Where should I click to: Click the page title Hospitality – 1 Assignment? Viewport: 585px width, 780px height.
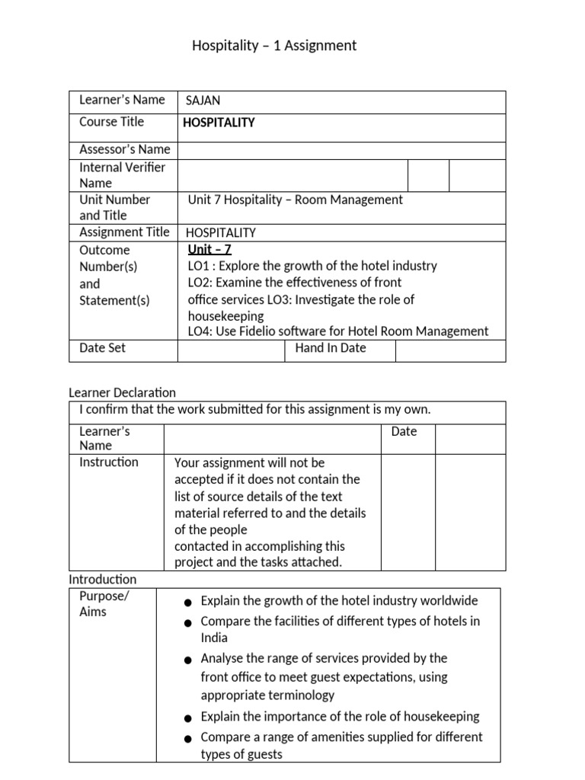pyautogui.click(x=274, y=46)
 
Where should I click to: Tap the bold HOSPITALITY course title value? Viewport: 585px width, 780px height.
pyautogui.click(x=220, y=123)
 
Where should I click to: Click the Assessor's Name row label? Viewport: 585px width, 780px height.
pyautogui.click(x=124, y=149)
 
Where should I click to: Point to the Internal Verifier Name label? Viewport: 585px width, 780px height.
pyautogui.click(x=122, y=175)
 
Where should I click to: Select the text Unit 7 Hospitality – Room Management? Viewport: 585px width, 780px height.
pyautogui.click(x=295, y=200)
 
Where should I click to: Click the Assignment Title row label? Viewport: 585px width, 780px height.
pyautogui.click(x=124, y=232)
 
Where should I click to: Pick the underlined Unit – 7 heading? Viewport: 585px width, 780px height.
pyautogui.click(x=209, y=249)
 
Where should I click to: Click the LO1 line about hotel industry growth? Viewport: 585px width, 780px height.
pyautogui.click(x=312, y=266)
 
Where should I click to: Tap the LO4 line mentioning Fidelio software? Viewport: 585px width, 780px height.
pyautogui.click(x=337, y=331)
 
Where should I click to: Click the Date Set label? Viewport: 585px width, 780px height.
pyautogui.click(x=102, y=348)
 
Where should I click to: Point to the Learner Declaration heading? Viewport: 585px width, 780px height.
pyautogui.click(x=122, y=393)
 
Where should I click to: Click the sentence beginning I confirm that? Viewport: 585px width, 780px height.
pyautogui.click(x=255, y=410)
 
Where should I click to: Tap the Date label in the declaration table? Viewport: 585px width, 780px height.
pyautogui.click(x=404, y=432)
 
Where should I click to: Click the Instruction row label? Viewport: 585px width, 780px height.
pyautogui.click(x=109, y=462)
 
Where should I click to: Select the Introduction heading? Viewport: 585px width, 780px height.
pyautogui.click(x=103, y=580)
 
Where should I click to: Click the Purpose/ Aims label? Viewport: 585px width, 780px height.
pyautogui.click(x=104, y=604)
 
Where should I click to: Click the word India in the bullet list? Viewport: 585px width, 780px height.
pyautogui.click(x=214, y=638)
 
